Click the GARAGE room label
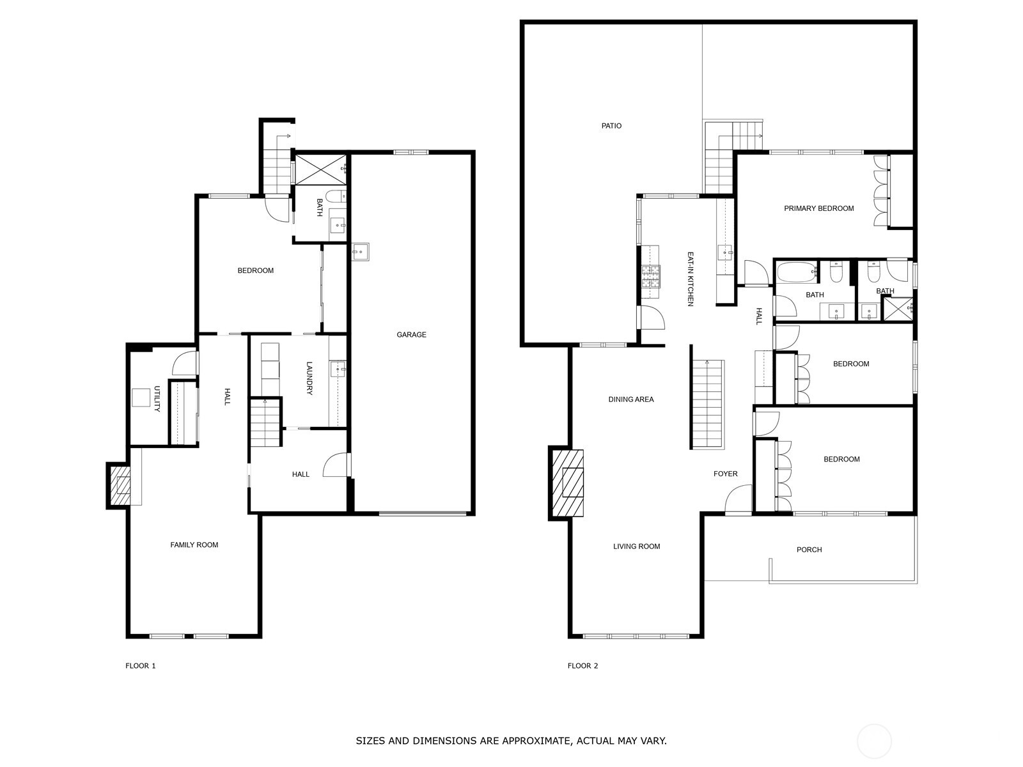[411, 334]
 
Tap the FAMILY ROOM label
[194, 545]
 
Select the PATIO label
[611, 126]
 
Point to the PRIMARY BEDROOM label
[819, 208]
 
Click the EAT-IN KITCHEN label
[691, 279]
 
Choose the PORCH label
[809, 550]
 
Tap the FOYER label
[726, 474]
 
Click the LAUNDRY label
[309, 378]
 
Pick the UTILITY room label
[157, 399]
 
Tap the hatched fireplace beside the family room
[120, 485]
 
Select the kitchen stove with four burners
[651, 275]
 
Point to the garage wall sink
[360, 252]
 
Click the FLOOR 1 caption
[140, 666]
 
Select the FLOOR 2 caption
[582, 666]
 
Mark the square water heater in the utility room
[141, 398]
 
